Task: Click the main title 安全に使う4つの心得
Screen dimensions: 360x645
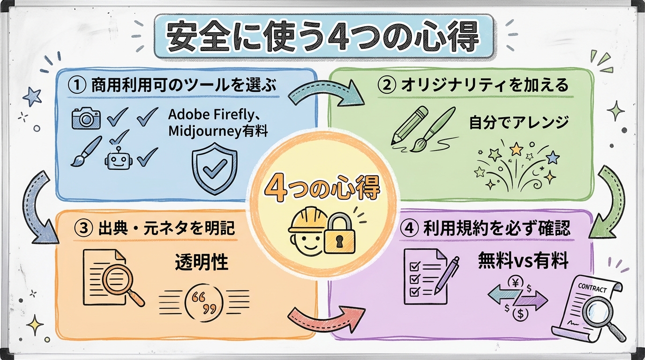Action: [x=323, y=37]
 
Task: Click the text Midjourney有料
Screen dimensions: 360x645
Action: [x=218, y=131]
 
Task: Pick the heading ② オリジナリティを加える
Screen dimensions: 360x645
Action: [x=473, y=85]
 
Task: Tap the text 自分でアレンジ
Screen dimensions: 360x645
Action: [x=518, y=122]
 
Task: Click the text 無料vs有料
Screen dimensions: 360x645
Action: [x=523, y=261]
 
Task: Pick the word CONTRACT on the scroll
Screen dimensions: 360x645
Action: [x=592, y=288]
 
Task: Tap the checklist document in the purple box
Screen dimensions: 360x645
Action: [x=423, y=277]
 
